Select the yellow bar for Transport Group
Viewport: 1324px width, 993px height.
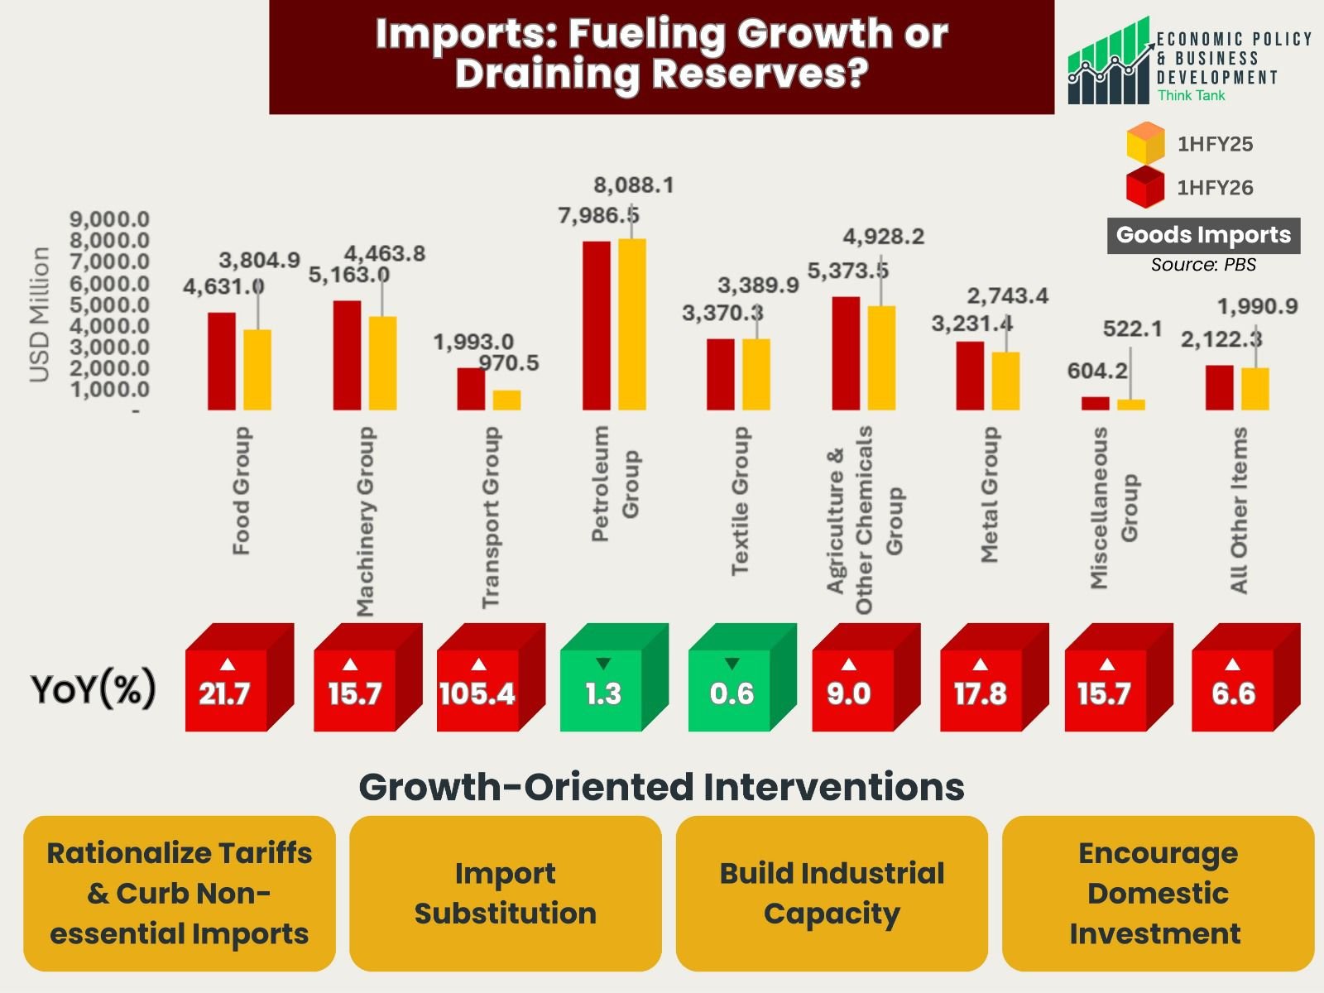point(506,401)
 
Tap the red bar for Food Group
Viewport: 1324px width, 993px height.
point(222,361)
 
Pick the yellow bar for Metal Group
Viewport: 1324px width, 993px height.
point(1005,381)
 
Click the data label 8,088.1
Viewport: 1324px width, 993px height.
point(634,185)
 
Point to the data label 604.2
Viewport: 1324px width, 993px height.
point(1097,371)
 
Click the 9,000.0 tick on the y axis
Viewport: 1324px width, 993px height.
point(109,219)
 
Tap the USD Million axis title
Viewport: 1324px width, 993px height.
point(39,314)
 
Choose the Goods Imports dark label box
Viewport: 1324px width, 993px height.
point(1203,236)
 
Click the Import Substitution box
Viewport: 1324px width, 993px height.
point(505,894)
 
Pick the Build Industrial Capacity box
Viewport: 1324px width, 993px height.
point(832,894)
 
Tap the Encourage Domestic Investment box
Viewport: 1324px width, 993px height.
point(1158,894)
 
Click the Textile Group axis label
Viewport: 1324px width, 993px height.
point(740,501)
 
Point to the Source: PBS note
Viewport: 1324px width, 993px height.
point(1203,265)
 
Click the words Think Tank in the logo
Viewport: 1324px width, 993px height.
point(1191,96)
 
